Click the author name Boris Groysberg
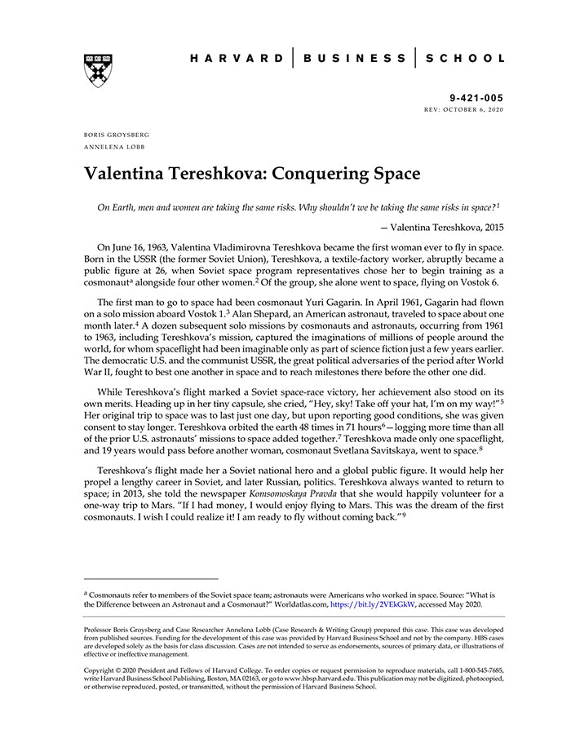[x=117, y=134]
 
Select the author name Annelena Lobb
[x=112, y=147]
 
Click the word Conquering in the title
[x=322, y=174]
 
